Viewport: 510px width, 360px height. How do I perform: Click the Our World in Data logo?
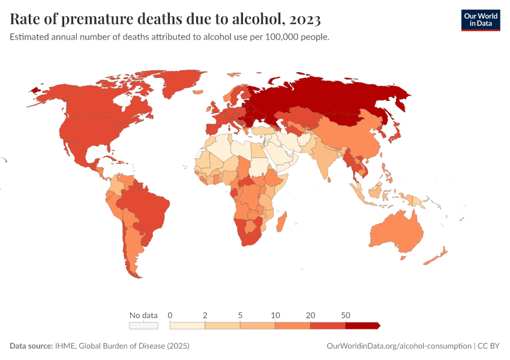(x=480, y=20)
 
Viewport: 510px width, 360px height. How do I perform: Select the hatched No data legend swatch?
(x=143, y=325)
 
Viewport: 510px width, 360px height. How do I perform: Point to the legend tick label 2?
(x=205, y=315)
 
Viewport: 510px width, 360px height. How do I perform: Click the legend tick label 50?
(x=346, y=315)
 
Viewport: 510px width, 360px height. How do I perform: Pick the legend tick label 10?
(x=275, y=315)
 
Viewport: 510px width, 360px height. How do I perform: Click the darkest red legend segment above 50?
(x=362, y=325)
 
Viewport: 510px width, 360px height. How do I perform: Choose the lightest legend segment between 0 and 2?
(x=188, y=325)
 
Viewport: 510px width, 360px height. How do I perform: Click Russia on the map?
(x=336, y=96)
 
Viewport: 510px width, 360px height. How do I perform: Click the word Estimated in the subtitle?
(x=30, y=37)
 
